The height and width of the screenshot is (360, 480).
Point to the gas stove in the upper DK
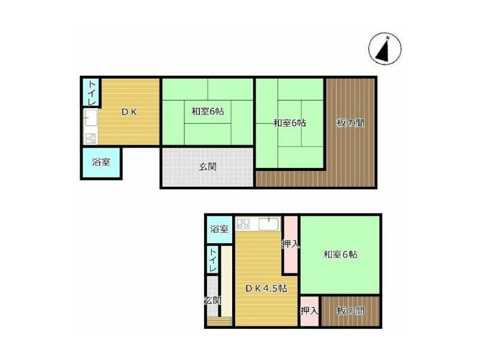[91, 138]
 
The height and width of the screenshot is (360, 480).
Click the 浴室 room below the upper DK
[101, 162]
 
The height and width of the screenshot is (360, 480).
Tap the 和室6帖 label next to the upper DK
[208, 111]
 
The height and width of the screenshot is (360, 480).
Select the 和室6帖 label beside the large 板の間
[289, 123]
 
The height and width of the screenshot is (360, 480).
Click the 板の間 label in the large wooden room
[350, 123]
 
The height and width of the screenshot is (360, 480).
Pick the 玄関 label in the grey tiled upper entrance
[208, 166]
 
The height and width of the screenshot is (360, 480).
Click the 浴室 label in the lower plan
[219, 229]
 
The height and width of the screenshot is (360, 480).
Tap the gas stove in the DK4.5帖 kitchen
[244, 224]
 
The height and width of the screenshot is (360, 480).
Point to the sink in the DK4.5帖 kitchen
[268, 224]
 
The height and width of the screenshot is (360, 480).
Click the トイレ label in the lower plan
[213, 260]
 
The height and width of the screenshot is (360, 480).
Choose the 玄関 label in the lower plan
[212, 299]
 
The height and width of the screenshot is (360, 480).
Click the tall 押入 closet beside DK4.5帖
[290, 245]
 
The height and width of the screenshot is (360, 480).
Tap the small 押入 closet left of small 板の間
[309, 311]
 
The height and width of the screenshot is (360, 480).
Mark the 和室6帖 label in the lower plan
[340, 254]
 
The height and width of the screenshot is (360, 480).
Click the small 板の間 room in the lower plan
[350, 311]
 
